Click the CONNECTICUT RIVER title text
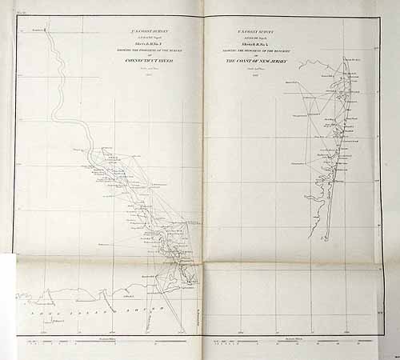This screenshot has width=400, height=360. coord(150,60)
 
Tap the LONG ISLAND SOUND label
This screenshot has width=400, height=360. coord(104,310)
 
